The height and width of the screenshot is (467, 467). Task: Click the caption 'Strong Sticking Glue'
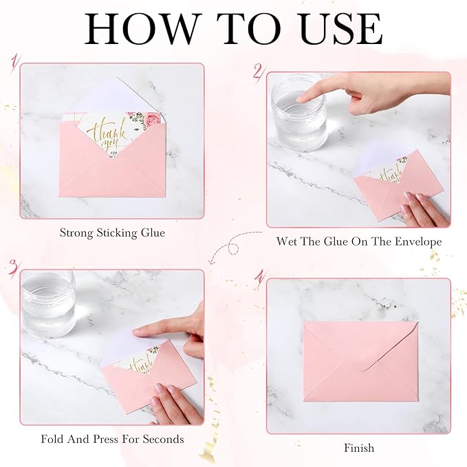(112, 233)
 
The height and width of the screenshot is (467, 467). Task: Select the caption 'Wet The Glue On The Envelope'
(359, 241)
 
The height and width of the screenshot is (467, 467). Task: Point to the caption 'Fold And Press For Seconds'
(112, 438)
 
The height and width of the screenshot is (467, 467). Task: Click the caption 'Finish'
(359, 448)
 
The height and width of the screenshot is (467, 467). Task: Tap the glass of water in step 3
(47, 303)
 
